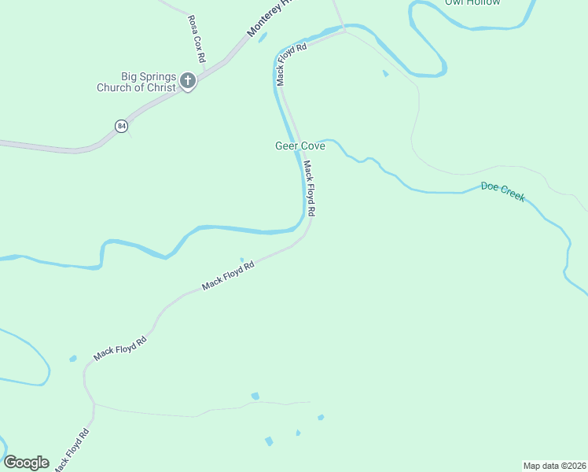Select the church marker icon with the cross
[188, 80]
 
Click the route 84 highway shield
[120, 126]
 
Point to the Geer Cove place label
[300, 146]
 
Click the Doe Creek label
[503, 192]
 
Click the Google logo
[26, 463]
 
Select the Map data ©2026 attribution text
[554, 466]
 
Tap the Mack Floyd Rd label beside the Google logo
[72, 451]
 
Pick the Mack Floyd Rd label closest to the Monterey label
[290, 58]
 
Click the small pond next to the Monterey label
[263, 37]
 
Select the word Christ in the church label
[160, 88]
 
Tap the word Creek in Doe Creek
[513, 195]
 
